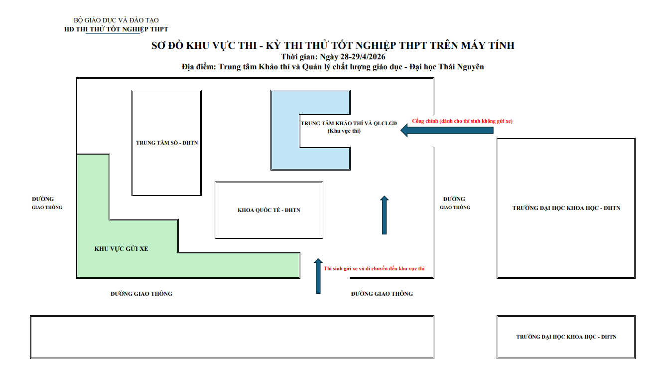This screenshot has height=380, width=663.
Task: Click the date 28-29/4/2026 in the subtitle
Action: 363,56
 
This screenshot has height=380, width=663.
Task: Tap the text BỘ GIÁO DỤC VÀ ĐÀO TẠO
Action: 116,20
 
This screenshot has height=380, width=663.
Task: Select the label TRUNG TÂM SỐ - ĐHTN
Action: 167,143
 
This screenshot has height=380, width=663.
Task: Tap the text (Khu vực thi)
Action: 344,131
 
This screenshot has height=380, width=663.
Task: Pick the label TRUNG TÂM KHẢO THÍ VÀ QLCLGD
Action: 349,123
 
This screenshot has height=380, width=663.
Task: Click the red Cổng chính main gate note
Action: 462,121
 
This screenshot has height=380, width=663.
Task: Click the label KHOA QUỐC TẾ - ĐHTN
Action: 269,210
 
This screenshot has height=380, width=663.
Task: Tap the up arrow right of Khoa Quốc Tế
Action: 384,215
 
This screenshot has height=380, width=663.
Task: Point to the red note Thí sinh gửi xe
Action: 374,268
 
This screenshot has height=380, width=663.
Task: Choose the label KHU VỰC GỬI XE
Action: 121,248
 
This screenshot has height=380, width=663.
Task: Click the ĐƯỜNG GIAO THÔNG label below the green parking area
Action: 141,294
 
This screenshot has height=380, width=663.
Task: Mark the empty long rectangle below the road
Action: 232,337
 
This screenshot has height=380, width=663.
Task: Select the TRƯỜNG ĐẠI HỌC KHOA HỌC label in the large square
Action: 566,208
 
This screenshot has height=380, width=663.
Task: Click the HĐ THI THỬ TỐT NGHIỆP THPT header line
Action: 116,29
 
